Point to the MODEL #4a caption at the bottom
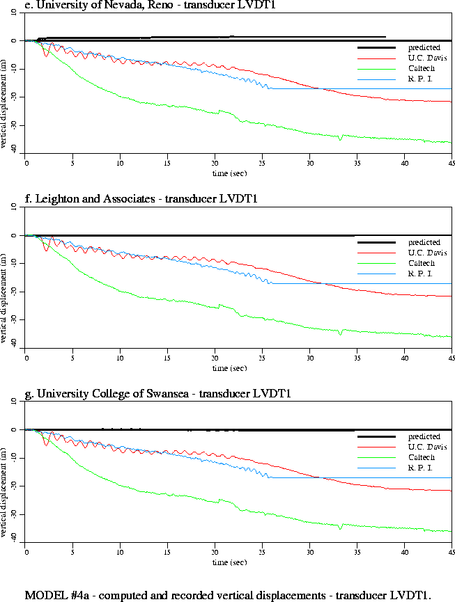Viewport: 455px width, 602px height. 229,595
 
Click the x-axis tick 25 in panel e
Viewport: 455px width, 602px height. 262,164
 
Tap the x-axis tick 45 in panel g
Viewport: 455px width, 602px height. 451,553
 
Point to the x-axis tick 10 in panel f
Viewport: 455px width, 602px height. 121,358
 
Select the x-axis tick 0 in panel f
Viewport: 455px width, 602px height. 26,358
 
